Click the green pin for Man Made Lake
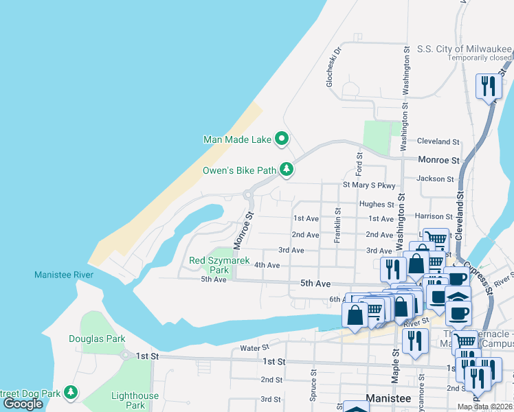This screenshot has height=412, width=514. pos(282,139)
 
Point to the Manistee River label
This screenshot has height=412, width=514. pos(64,275)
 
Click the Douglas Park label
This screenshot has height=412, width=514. pos(97,339)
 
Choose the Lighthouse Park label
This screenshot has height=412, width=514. pos(135,400)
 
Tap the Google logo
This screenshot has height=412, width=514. pos(23,404)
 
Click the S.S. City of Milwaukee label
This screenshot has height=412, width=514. pos(465,49)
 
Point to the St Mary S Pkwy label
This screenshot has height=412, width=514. pos(369,185)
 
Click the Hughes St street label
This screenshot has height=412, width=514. pos(376,204)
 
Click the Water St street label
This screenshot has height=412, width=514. pos(255,348)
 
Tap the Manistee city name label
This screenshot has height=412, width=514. pos(389,398)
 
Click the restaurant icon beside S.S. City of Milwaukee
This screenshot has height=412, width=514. pos(488,86)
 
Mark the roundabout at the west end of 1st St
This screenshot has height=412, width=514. pos(125,355)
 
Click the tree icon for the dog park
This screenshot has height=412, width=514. pos(71,392)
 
